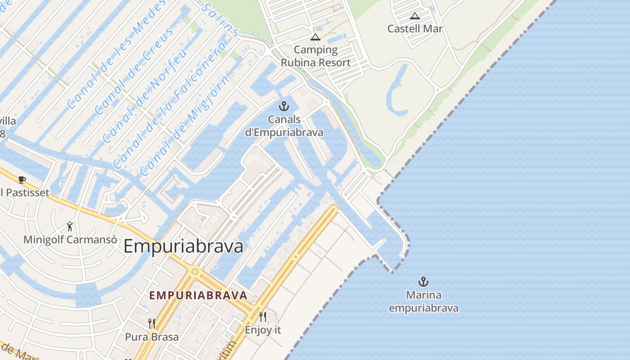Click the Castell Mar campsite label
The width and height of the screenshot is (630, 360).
[x=415, y=29]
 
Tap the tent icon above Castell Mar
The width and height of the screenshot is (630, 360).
[x=415, y=16]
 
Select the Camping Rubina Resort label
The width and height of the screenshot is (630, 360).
[x=315, y=56]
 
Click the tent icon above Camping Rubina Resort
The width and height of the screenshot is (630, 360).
[x=315, y=37]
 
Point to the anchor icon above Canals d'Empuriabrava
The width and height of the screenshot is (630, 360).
[x=284, y=107]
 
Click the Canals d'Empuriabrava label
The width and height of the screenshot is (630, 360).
[x=284, y=126]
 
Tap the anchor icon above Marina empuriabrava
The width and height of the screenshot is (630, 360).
[x=423, y=282]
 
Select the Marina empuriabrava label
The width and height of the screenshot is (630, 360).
[x=423, y=301]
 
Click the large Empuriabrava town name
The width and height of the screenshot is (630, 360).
[x=183, y=247]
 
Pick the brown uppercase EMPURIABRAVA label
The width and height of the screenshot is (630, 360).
[x=198, y=296]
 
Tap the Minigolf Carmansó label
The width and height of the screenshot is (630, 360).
[x=70, y=239]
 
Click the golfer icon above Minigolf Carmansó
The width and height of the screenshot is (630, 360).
[x=70, y=226]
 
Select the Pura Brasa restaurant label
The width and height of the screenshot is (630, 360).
[x=152, y=337]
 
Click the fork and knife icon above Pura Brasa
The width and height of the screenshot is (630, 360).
[x=152, y=324]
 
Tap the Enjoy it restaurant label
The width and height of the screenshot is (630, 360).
[x=263, y=330]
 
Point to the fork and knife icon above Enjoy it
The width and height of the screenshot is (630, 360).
[x=263, y=317]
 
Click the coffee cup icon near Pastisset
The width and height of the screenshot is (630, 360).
[x=22, y=180]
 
